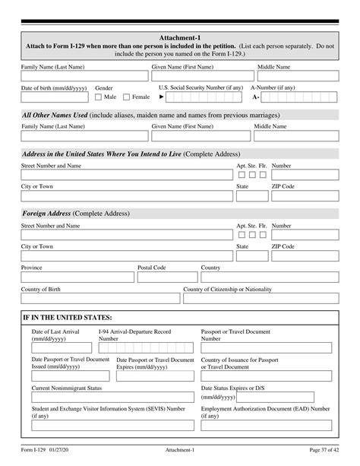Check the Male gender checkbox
pos(99,97)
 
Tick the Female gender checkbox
pos(127,97)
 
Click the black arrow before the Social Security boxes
pos(162,97)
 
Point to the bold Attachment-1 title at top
pos(179,37)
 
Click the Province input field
pos(76,278)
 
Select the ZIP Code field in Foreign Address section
pos(304,257)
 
